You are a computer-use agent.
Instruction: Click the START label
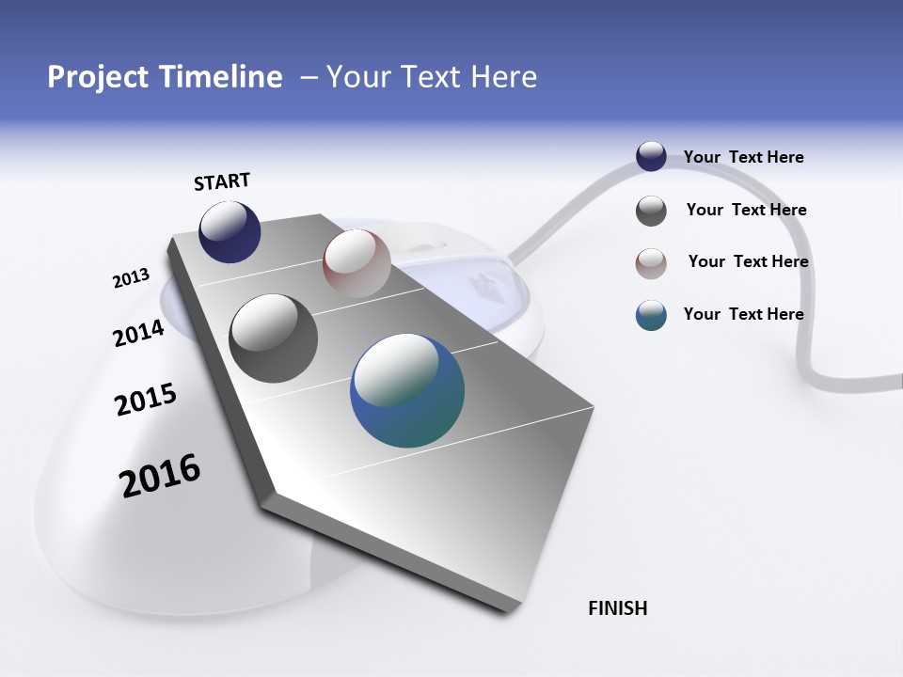(x=222, y=181)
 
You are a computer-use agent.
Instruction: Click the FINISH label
(x=617, y=608)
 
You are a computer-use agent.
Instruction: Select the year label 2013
(x=131, y=278)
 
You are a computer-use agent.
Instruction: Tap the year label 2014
(x=138, y=333)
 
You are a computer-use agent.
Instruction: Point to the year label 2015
(x=146, y=400)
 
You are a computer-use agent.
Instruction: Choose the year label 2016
(x=160, y=476)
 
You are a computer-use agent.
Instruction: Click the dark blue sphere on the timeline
(x=230, y=232)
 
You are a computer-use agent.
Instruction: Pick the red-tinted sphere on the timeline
(x=356, y=262)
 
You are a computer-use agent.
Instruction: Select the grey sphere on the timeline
(x=273, y=338)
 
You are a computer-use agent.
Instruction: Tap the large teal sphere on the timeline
(x=407, y=390)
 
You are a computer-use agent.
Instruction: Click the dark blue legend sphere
(x=651, y=157)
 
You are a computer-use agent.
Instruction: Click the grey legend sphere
(x=651, y=211)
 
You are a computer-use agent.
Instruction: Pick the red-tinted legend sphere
(x=651, y=263)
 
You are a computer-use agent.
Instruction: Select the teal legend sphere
(x=651, y=316)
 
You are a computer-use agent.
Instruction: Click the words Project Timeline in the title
(x=165, y=77)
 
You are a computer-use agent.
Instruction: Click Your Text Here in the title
(x=431, y=77)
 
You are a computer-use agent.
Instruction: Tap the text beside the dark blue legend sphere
(x=743, y=157)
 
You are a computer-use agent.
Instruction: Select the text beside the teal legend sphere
(x=743, y=314)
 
